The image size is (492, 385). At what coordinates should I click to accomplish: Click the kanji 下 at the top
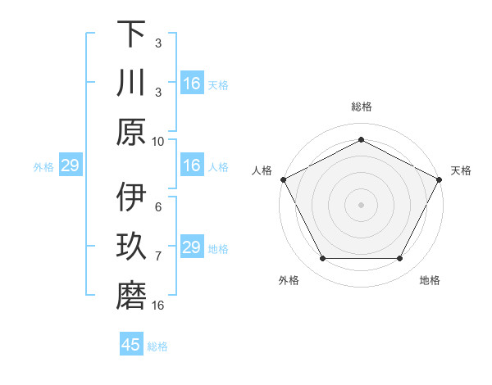tap(131, 34)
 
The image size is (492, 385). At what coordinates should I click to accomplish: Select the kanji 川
tap(131, 84)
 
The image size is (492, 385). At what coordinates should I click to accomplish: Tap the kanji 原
tap(131, 132)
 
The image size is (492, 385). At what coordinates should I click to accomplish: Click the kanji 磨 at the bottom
tap(131, 297)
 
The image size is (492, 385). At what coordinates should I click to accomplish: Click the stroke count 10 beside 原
tap(158, 141)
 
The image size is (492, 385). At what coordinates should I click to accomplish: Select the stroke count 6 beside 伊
tap(158, 207)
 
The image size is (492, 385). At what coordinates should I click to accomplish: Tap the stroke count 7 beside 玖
tap(158, 256)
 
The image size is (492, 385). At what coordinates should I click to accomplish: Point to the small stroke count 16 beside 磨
tap(159, 306)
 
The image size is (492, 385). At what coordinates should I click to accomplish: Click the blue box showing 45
tap(131, 345)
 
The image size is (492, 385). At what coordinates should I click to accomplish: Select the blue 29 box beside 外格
tap(70, 166)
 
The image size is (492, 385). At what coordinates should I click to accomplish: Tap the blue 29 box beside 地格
tap(191, 247)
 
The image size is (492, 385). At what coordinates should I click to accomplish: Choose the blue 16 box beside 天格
tap(191, 84)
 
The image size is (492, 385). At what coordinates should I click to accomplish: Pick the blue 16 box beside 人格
tap(191, 165)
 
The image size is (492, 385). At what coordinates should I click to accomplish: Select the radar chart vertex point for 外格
tap(322, 259)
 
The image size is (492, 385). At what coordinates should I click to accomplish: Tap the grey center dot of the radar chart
tap(361, 205)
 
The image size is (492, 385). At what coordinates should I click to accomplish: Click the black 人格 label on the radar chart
tap(262, 170)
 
